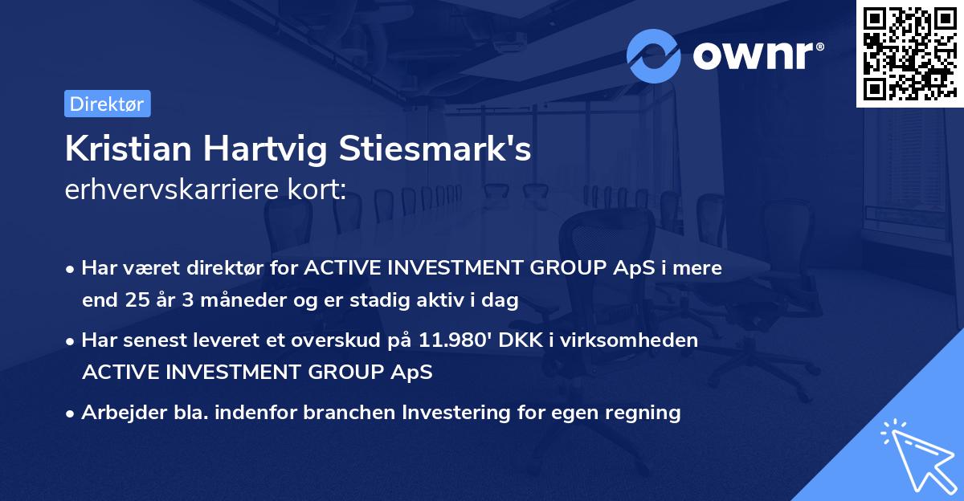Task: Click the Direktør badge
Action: (x=107, y=104)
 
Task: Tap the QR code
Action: (x=909, y=53)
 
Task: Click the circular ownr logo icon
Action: (x=654, y=55)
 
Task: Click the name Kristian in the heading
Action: (x=129, y=149)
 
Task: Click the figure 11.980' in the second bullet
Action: (x=454, y=340)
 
